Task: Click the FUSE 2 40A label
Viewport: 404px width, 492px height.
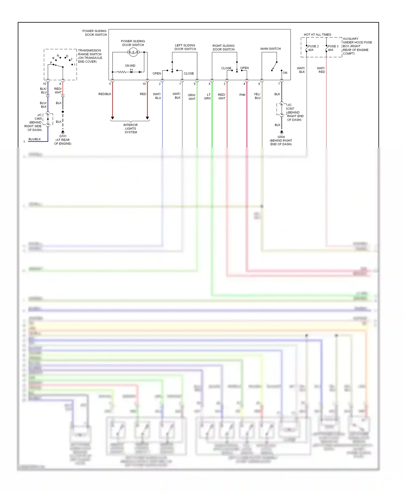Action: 313,48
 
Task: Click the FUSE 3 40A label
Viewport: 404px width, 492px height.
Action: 333,48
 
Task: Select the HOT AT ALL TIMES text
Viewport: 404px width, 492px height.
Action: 317,34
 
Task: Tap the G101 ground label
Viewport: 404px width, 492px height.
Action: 62,140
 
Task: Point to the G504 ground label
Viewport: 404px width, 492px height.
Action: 281,140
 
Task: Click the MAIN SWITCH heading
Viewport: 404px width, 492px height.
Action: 270,49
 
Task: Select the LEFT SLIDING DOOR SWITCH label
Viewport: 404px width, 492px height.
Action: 185,47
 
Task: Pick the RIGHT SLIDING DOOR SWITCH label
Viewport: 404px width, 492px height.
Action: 223,47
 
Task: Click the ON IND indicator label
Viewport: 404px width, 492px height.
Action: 130,66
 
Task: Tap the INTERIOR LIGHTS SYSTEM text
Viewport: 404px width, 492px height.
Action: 131,128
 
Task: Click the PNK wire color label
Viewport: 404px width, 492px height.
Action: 242,95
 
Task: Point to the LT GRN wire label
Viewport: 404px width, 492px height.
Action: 207,96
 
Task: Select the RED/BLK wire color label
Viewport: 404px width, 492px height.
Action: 105,94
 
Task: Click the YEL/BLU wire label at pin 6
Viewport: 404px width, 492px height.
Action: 257,96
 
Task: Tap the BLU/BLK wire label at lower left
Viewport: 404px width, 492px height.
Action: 34,139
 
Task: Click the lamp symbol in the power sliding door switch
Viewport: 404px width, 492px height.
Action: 133,52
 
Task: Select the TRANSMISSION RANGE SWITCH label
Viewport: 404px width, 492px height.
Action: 90,56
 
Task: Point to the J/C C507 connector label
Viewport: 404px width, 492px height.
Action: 290,107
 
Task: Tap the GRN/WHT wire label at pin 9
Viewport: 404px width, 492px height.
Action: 192,97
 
